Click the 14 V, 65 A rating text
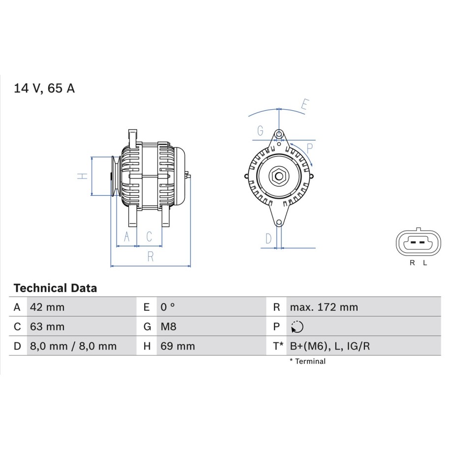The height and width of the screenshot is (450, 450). coord(44,88)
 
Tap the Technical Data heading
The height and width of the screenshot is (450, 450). coord(55,288)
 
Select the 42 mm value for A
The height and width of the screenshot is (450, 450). coord(47,307)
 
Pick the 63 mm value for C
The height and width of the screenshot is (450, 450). coord(47,327)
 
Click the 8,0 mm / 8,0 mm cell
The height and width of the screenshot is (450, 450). coord(73,346)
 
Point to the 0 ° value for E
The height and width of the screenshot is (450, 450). coord(168,307)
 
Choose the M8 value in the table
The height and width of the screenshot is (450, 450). coord(169,327)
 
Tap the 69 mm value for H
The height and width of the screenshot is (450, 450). coord(178,346)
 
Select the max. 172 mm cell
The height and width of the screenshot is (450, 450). coord(324,307)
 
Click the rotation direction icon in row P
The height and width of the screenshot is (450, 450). coord(297,327)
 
